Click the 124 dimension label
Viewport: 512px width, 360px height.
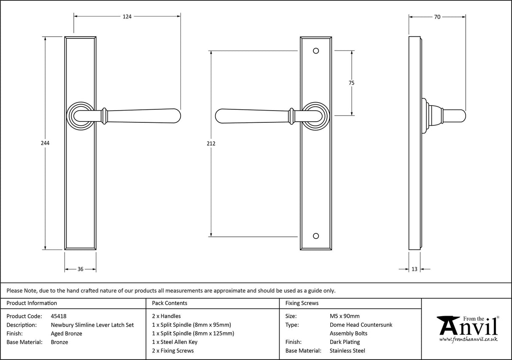tap(127, 17)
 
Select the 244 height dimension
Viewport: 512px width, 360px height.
tap(45, 143)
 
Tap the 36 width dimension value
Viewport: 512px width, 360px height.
tap(80, 269)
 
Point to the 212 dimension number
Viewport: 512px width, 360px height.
tap(211, 143)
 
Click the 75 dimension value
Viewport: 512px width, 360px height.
tap(351, 83)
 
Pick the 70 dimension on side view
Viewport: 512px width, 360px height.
tap(437, 17)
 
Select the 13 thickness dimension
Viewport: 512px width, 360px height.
tap(414, 269)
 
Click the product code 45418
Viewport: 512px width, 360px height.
tap(58, 316)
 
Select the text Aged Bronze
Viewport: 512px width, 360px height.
tap(66, 333)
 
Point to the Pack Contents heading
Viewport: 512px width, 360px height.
tap(170, 303)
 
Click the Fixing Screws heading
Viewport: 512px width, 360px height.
tap(302, 303)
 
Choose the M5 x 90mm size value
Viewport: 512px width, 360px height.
tap(345, 316)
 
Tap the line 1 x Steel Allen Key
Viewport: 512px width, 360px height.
tap(175, 342)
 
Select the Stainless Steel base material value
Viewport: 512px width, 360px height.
tap(348, 351)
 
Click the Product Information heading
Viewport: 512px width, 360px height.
tap(32, 303)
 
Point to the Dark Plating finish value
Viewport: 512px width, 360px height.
tap(345, 342)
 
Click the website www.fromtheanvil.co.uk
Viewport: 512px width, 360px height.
tap(468, 339)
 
